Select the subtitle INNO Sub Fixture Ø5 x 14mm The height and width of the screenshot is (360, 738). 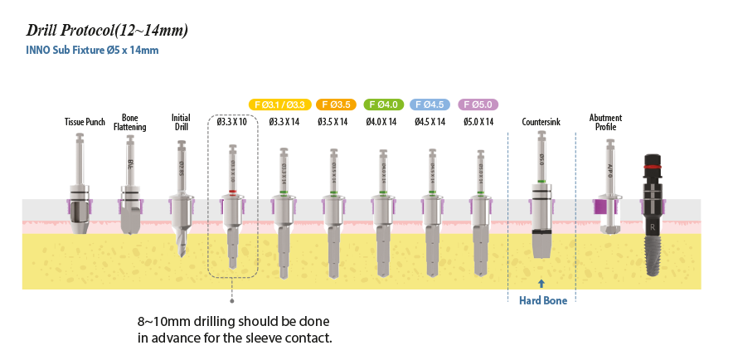tap(93, 51)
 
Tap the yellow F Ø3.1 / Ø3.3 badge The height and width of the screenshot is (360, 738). tap(279, 105)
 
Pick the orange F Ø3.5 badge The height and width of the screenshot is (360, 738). tap(336, 105)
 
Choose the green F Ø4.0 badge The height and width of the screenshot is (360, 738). tap(383, 105)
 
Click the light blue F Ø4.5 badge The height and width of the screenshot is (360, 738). tap(431, 105)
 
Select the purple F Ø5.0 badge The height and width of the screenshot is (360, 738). tap(479, 105)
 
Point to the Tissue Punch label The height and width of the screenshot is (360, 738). tap(85, 123)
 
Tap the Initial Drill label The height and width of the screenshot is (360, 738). tap(181, 123)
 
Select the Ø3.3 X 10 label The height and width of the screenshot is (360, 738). tap(232, 123)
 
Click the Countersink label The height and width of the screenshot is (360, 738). tap(541, 123)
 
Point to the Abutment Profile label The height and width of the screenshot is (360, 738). tap(605, 123)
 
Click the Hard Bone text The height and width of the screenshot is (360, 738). tap(543, 301)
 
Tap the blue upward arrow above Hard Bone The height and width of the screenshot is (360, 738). tap(541, 283)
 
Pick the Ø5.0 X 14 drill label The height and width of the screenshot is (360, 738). tap(478, 123)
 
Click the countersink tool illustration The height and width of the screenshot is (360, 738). tap(541, 199)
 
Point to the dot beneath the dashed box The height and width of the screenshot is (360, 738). tap(232, 301)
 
